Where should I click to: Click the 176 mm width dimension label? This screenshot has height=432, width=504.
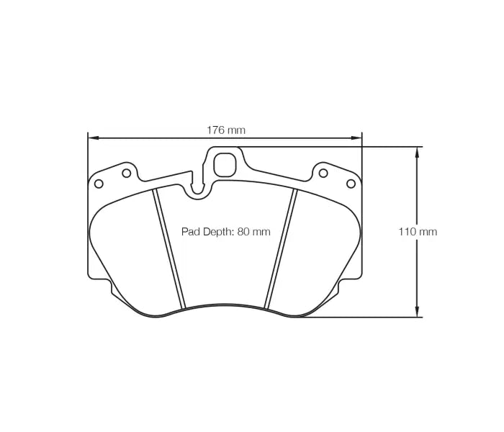[x=226, y=130]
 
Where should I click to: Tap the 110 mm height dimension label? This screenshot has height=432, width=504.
[x=418, y=232]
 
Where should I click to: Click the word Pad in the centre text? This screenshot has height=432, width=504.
[x=191, y=232]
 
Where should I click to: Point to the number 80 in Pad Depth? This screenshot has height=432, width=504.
[x=243, y=232]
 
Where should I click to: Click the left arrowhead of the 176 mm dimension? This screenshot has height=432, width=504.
[x=91, y=138]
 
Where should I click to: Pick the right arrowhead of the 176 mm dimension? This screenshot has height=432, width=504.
[x=358, y=138]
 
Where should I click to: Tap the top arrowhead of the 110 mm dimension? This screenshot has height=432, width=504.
[x=417, y=150]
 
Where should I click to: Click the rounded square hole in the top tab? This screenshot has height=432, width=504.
[x=225, y=164]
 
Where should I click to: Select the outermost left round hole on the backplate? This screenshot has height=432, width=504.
[x=99, y=184]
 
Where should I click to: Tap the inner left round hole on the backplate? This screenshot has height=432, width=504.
[x=127, y=173]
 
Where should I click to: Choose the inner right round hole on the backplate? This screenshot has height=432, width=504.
[x=323, y=173]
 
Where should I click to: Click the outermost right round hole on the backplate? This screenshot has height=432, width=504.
[x=351, y=184]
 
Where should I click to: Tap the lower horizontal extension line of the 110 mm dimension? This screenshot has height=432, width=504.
[x=360, y=317]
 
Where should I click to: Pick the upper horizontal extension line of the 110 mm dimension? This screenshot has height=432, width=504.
[x=331, y=147]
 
